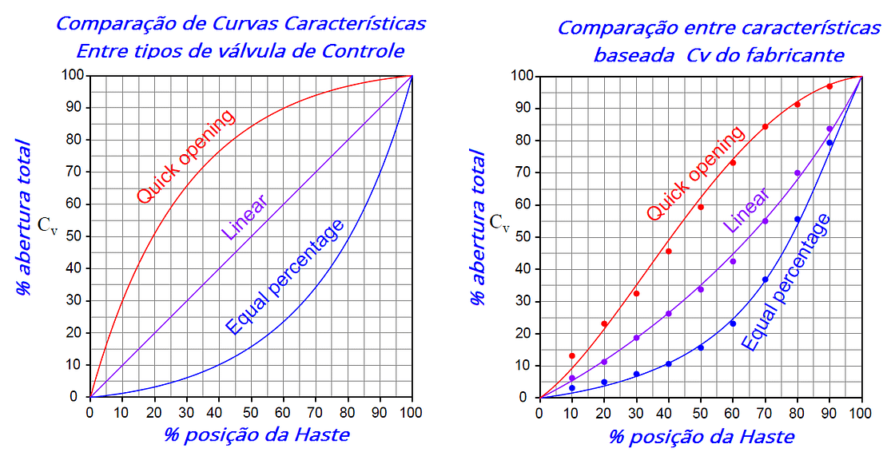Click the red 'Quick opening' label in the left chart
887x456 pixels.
186,156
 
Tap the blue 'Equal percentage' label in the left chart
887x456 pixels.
285,276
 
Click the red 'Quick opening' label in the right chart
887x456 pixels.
695,173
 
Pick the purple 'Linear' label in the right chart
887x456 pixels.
746,210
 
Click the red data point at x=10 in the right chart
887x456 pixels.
572,355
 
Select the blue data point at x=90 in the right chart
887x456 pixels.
829,142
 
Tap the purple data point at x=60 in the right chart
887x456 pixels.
733,261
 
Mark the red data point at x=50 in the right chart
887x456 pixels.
701,207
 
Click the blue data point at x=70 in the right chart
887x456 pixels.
765,280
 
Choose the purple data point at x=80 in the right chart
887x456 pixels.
798,173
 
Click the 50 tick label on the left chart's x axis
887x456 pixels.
251,412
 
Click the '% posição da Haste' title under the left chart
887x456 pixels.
257,434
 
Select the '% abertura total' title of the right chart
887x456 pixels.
478,228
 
